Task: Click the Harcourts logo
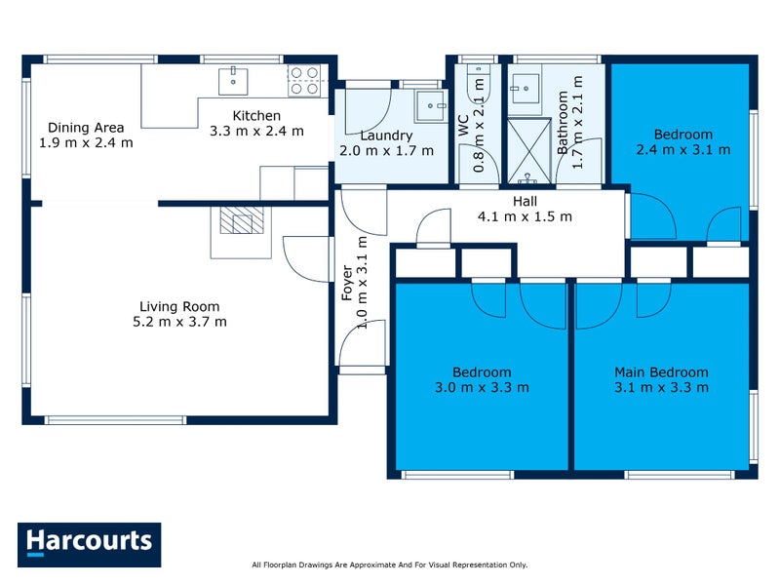(89, 544)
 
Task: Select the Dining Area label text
(87, 127)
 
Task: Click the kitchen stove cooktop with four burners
(304, 79)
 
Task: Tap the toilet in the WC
(478, 82)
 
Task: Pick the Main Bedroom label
(661, 371)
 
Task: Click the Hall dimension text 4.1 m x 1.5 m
(525, 216)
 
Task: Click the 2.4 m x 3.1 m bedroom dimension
(682, 150)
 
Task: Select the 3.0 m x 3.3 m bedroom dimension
(482, 387)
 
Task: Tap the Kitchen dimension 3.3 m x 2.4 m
(256, 131)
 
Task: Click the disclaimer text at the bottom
(389, 565)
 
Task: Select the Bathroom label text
(563, 124)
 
